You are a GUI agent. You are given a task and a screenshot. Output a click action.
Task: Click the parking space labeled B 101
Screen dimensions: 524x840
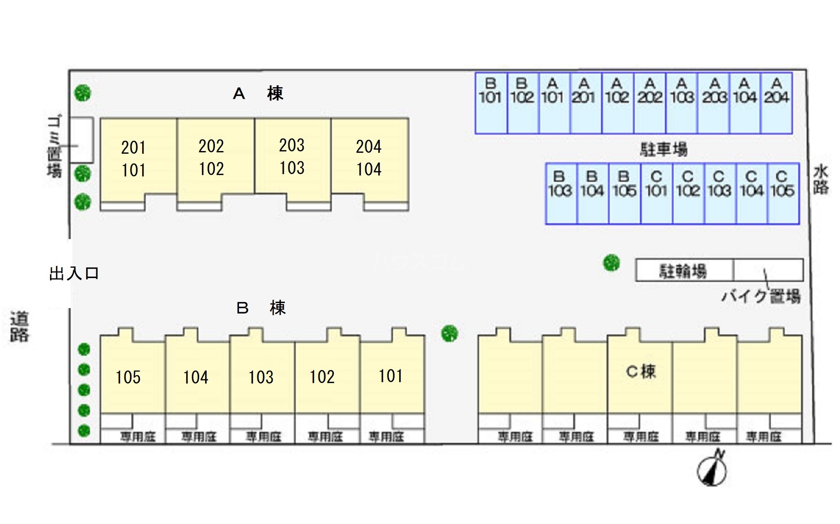[x=491, y=103]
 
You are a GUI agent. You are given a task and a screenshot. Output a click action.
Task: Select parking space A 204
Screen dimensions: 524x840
[x=777, y=103]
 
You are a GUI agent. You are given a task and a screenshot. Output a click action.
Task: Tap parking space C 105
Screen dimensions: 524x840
[x=783, y=194]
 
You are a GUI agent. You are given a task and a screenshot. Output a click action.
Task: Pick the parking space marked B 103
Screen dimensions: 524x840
[x=561, y=194]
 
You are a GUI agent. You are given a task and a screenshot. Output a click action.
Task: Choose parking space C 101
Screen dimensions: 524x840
[x=657, y=194]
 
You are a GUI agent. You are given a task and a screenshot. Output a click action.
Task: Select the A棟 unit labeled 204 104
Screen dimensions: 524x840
[x=369, y=158]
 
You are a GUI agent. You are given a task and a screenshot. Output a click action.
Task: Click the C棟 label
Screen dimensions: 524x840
[x=641, y=372]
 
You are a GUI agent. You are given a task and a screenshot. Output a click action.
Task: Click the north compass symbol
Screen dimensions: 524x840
[x=712, y=469]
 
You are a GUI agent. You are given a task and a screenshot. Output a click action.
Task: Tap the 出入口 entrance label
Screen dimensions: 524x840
[x=74, y=273]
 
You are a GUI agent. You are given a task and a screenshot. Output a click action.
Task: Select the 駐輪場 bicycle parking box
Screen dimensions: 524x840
[x=683, y=271]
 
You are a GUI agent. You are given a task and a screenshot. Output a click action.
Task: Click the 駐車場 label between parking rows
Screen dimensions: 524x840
[x=664, y=150]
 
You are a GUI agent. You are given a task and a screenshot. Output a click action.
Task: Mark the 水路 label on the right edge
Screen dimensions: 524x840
[x=821, y=180]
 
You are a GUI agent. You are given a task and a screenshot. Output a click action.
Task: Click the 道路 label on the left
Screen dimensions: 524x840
[x=19, y=327]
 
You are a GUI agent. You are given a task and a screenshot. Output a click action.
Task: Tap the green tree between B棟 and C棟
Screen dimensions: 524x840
[x=449, y=333]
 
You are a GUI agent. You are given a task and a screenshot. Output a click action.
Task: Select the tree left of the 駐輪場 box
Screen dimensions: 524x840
[x=611, y=263]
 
